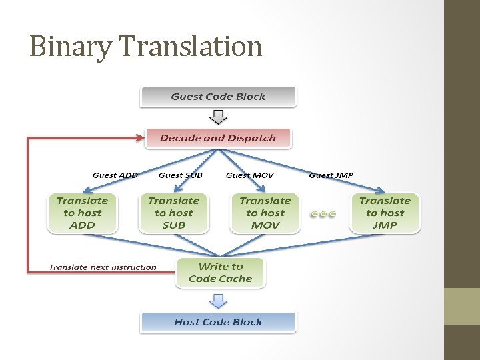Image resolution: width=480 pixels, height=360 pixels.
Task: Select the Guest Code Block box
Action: click(x=218, y=97)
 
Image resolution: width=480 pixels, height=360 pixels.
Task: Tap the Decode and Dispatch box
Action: click(x=218, y=138)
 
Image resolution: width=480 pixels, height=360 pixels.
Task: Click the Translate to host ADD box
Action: click(x=82, y=213)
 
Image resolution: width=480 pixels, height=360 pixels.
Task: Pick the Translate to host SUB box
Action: click(x=173, y=213)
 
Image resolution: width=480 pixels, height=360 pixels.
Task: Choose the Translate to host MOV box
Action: click(x=265, y=213)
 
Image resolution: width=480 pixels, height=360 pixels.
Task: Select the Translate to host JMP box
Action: click(x=385, y=213)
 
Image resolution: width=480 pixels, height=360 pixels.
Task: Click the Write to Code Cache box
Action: click(x=220, y=273)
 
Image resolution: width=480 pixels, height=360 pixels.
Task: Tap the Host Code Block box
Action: click(x=218, y=322)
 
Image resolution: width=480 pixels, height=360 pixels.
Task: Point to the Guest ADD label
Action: click(x=115, y=175)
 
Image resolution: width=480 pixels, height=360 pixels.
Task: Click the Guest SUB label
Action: click(x=180, y=175)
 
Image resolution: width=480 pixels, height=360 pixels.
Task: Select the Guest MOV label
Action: click(x=249, y=175)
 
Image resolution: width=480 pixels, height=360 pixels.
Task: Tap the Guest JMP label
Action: click(x=331, y=175)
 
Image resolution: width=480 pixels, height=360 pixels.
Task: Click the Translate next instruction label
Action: click(x=102, y=267)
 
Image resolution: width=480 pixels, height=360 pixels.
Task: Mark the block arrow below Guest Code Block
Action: click(x=218, y=117)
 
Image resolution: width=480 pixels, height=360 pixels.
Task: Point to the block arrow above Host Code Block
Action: click(x=218, y=301)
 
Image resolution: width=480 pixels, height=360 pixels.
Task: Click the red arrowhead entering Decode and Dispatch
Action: click(x=139, y=138)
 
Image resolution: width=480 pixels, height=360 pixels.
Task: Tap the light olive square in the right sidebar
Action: click(x=462, y=306)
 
